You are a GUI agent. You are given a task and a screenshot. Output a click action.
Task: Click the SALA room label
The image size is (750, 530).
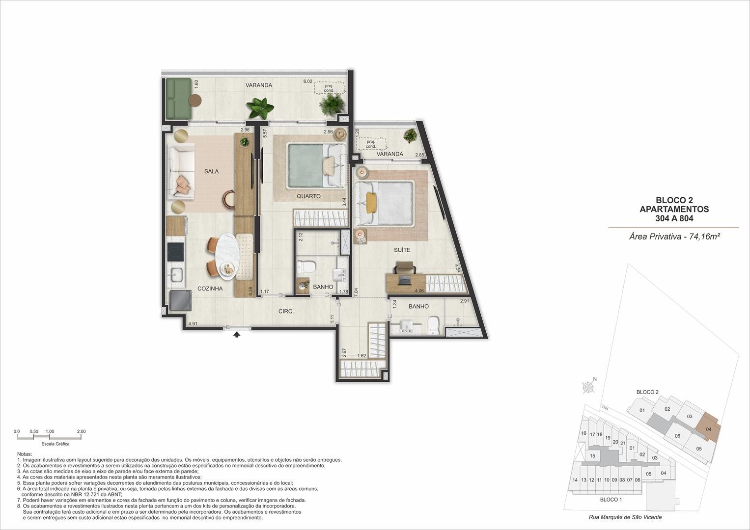tap(211, 171)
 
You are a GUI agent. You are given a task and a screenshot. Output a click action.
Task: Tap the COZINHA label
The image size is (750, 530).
tap(210, 289)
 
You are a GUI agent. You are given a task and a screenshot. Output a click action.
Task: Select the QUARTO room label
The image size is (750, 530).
tap(308, 196)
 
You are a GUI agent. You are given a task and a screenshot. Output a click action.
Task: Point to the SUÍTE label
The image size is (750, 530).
tap(402, 250)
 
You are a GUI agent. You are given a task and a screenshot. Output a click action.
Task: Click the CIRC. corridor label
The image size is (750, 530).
tap(286, 311)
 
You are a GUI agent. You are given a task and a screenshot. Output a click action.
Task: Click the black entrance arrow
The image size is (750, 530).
tap(237, 334)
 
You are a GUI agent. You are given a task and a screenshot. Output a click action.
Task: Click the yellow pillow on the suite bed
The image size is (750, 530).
tap(370, 202)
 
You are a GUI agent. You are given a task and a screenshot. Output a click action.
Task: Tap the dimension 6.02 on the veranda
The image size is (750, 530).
tap(307, 81)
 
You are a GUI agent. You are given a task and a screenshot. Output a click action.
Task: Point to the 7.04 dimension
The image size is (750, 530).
tap(356, 292)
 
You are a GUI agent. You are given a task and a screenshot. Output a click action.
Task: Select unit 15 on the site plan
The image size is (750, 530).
tap(592, 456)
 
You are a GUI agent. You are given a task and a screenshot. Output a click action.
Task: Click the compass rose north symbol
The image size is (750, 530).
tap(588, 387)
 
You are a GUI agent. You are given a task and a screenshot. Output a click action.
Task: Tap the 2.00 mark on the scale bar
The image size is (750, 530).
tap(82, 431)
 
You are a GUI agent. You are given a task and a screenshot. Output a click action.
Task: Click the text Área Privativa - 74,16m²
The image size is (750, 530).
tap(675, 237)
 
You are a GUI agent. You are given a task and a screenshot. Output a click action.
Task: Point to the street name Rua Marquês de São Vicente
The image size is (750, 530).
tap(625, 517)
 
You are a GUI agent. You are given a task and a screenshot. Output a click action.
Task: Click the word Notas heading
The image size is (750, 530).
tap(25, 454)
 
